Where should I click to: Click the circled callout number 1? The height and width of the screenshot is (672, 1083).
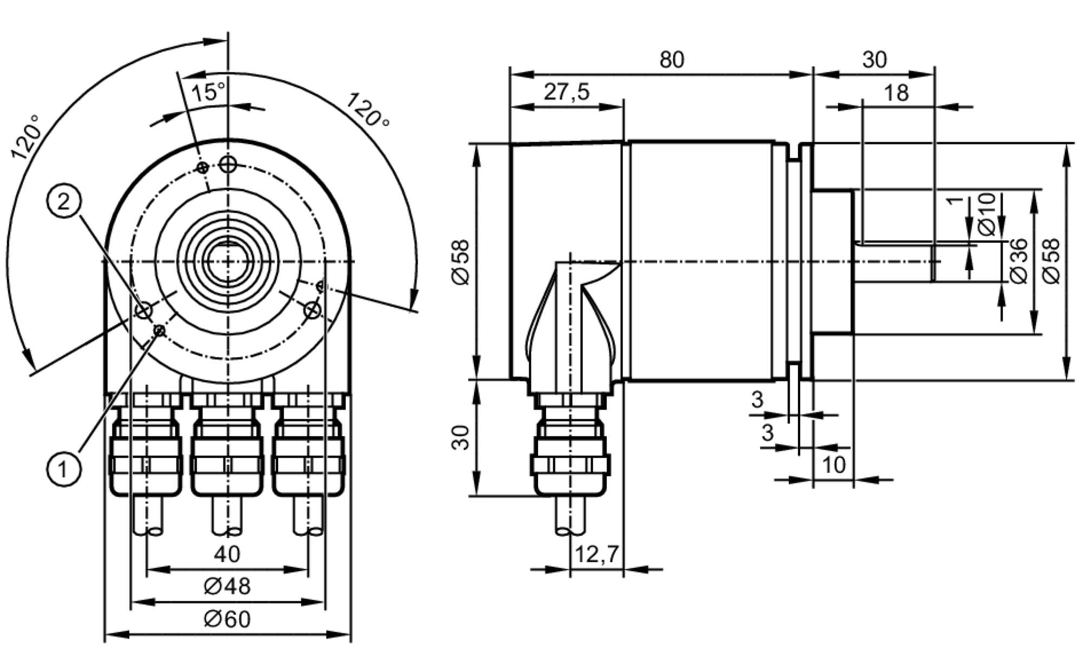(64, 469)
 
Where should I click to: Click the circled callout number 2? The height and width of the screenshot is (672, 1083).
(64, 202)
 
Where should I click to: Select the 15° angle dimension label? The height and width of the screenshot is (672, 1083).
(208, 93)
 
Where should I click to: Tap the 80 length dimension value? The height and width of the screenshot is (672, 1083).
(671, 60)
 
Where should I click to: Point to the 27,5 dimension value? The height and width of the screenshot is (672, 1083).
(566, 92)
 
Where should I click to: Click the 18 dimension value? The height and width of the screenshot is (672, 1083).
(896, 93)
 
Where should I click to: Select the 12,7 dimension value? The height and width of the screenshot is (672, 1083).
(596, 554)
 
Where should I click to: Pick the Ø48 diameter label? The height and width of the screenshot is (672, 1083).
(227, 586)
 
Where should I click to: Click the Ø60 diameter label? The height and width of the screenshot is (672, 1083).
(227, 619)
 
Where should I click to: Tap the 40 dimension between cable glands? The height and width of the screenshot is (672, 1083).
(227, 554)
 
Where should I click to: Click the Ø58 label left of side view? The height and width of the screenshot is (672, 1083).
(461, 263)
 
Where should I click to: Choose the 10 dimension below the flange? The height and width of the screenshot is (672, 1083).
(834, 465)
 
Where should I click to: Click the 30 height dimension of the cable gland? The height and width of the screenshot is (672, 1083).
(461, 438)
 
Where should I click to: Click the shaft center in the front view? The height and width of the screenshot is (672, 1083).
(228, 262)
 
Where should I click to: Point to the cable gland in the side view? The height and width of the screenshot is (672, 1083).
(570, 449)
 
